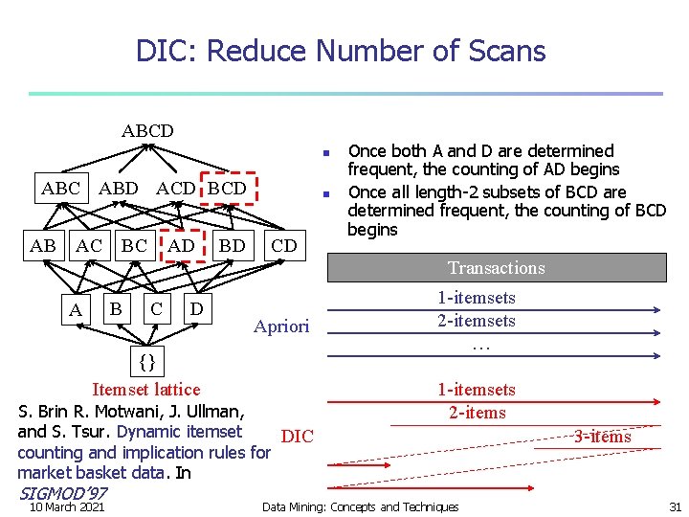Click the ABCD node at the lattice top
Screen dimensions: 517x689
point(147,130)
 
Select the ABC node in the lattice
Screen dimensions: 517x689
point(61,188)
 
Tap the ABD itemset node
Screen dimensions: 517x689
point(119,188)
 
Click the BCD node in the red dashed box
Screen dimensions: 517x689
point(227,188)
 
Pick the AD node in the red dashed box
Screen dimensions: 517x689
point(182,245)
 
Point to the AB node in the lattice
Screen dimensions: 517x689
point(43,245)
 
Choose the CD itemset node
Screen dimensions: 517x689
point(284,245)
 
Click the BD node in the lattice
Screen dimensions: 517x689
point(233,245)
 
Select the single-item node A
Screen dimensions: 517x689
point(75,310)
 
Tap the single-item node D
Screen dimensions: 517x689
point(196,309)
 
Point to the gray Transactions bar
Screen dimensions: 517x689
point(497,268)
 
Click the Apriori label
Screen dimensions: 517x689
point(281,326)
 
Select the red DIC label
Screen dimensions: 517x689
point(298,437)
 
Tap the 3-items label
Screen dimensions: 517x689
point(602,437)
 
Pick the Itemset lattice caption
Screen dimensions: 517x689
point(145,389)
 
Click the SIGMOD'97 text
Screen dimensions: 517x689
point(63,492)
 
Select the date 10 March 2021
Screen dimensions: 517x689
point(67,506)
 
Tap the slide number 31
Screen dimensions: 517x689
point(675,506)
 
